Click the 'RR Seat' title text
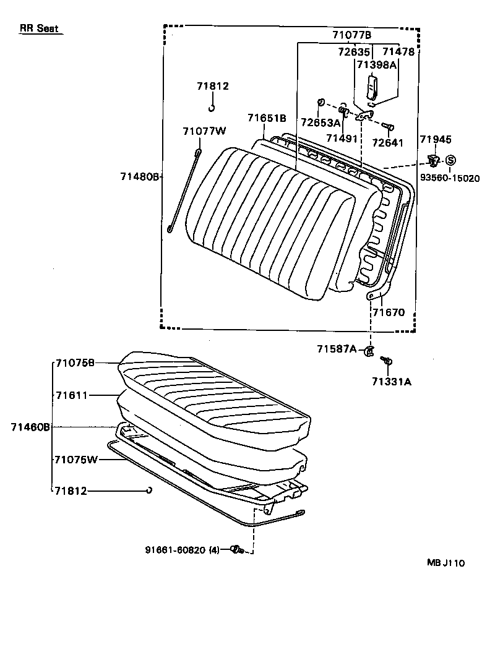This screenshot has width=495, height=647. [39, 28]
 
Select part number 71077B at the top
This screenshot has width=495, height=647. [351, 35]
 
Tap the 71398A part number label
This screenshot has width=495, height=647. [376, 64]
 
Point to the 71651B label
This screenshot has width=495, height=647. [267, 118]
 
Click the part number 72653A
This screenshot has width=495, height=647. [321, 122]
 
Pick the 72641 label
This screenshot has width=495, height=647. [387, 143]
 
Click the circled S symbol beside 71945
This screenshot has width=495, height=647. [450, 161]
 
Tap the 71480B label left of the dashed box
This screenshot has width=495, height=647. [140, 177]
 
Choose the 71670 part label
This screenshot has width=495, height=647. [388, 312]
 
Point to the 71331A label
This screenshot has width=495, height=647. [391, 382]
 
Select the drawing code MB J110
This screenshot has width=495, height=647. [445, 563]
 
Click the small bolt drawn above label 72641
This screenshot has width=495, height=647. [388, 127]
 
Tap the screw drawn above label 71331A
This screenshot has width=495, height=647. [387, 360]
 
